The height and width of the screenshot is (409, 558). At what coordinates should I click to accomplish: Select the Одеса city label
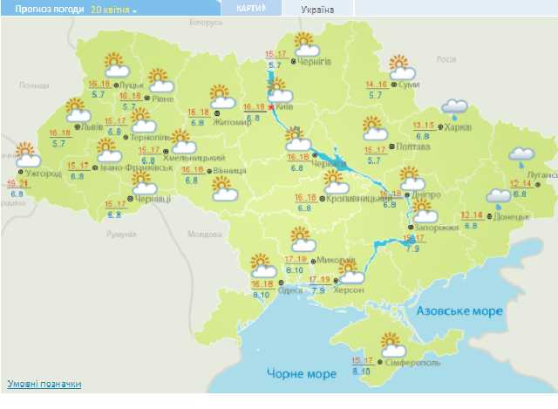coord(292,290)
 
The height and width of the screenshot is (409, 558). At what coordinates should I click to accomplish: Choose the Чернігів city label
coord(314,62)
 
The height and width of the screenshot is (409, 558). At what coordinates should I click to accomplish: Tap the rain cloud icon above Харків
coord(454,108)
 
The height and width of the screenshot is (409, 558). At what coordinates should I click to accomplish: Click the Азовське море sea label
coord(459,312)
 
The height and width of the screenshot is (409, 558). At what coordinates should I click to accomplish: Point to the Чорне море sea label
coord(301,374)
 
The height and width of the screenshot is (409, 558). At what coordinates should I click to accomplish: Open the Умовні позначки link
coord(44,384)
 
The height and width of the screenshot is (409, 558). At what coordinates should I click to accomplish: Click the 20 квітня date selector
coord(113,9)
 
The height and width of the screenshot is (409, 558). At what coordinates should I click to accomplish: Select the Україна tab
coord(318,9)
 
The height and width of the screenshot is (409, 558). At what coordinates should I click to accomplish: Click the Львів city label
coord(93,126)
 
